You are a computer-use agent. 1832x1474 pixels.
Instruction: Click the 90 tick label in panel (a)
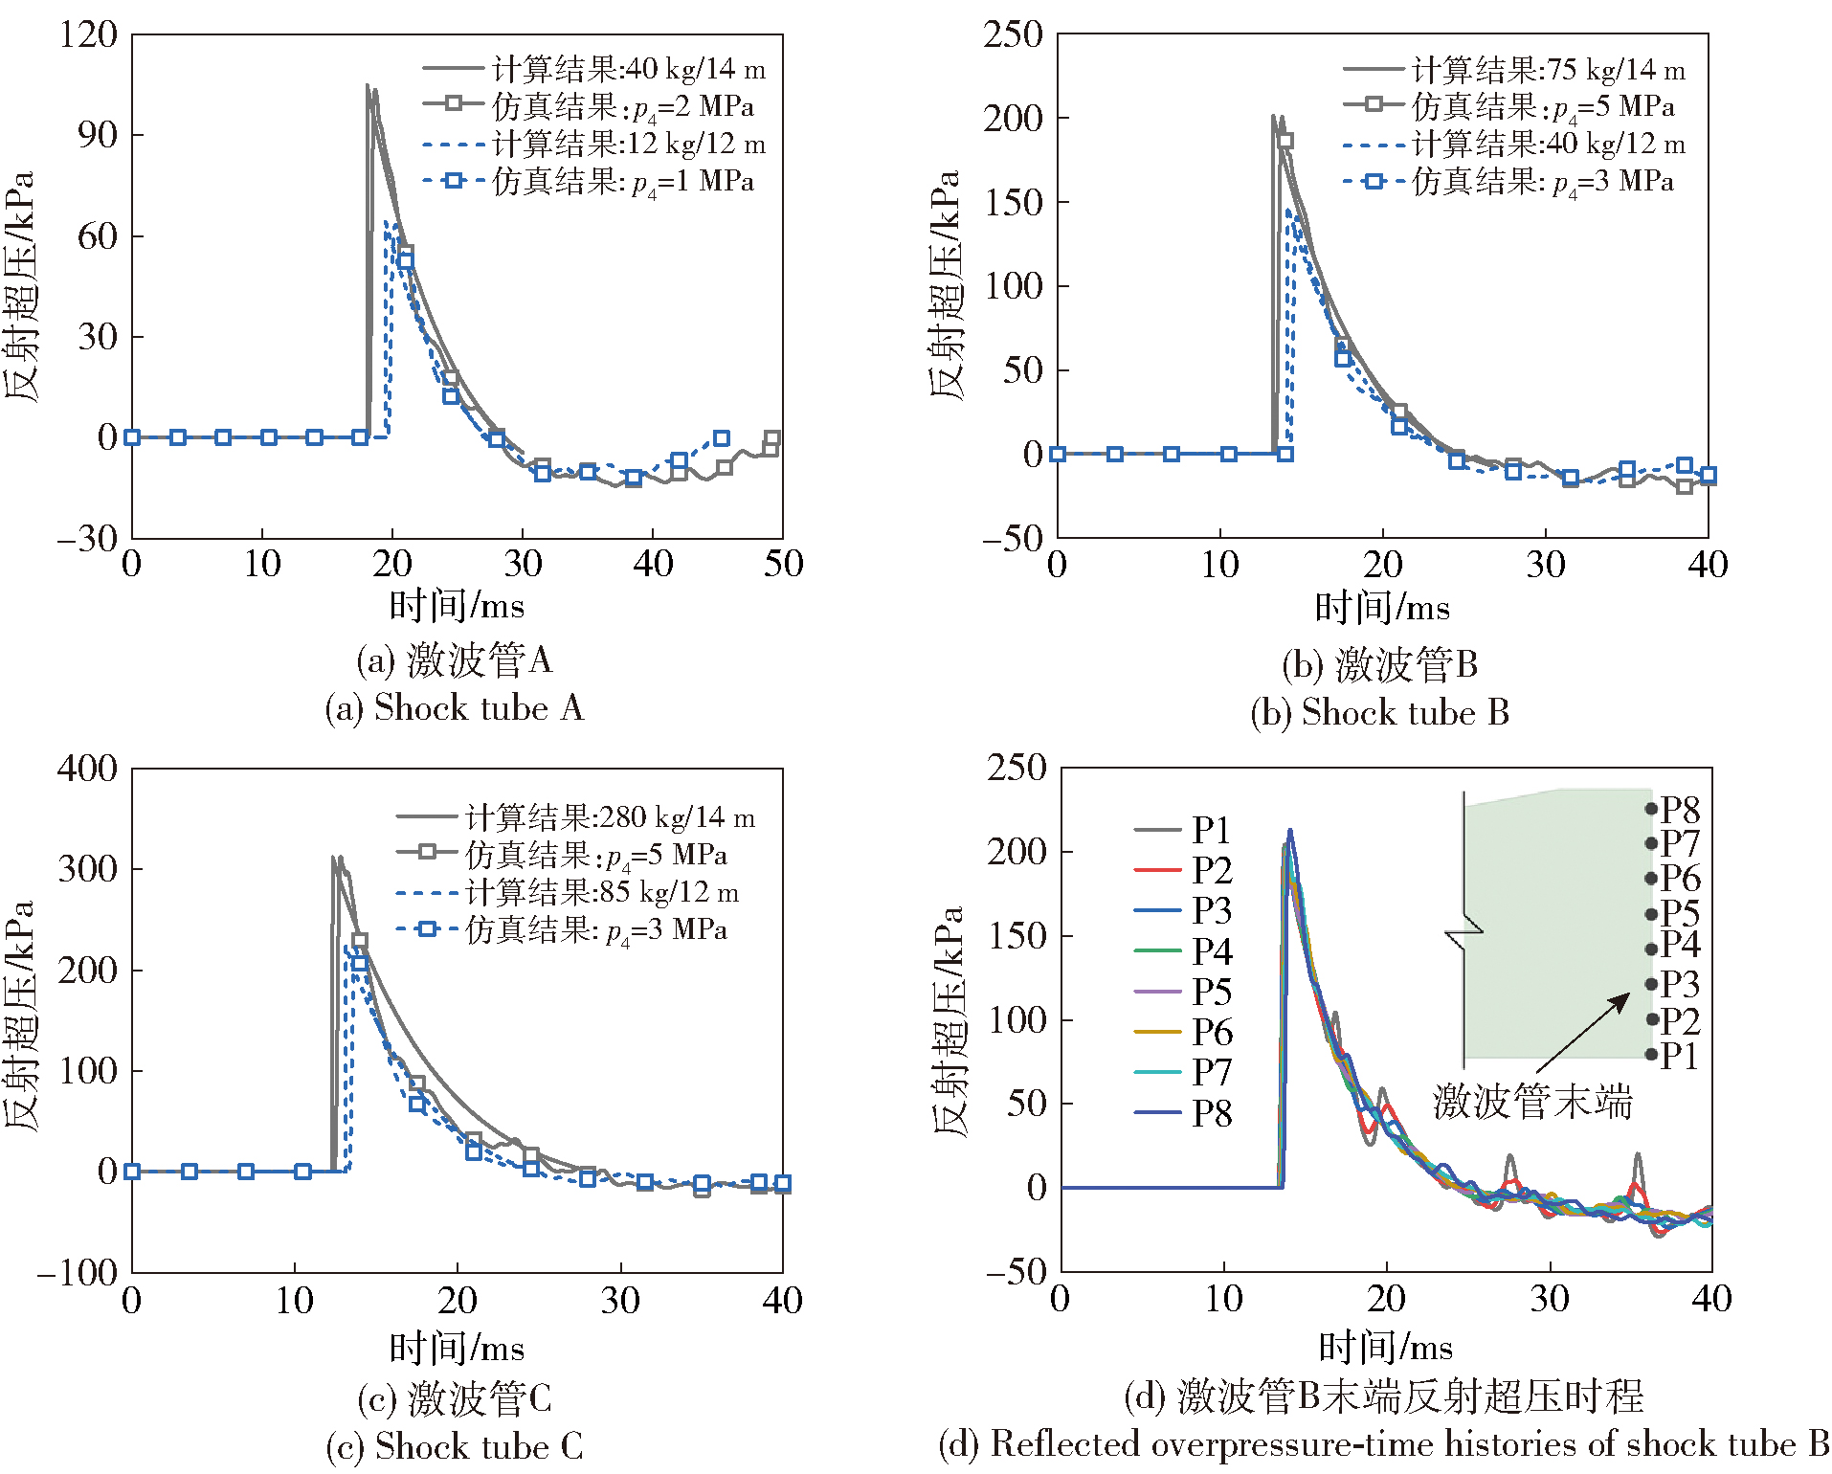pos(98,135)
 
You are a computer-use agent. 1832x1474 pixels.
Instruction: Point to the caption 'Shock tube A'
pos(454,708)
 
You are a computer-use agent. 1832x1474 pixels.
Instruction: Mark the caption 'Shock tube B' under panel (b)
pos(1379,713)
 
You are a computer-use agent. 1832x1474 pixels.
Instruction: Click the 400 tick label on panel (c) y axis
pos(87,769)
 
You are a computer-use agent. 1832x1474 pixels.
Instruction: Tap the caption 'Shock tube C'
pos(454,1446)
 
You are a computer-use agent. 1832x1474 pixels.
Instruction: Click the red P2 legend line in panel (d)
pos(1157,871)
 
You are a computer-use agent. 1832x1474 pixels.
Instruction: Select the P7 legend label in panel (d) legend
pos(1212,1073)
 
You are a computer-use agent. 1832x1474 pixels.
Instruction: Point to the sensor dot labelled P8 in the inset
pos(1651,809)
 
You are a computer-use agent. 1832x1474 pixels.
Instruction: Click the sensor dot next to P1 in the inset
pos(1651,1055)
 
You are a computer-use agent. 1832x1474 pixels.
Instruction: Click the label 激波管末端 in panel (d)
pos(1531,1102)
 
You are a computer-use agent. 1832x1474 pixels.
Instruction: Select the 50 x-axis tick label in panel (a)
pos(783,564)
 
